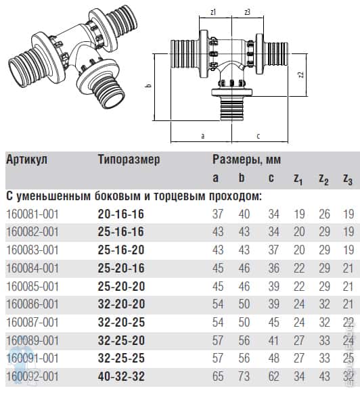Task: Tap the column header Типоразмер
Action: coord(129,160)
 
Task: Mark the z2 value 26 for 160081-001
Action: coord(324,214)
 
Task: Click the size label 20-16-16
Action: coord(121,214)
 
